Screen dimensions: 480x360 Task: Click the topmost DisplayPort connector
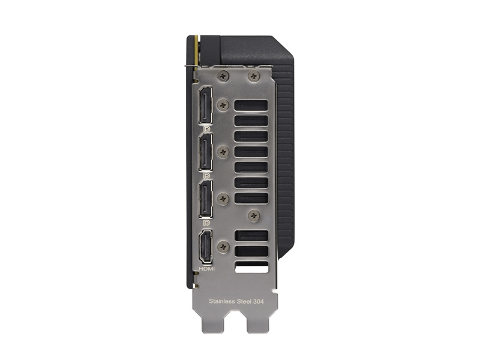coord(206,106)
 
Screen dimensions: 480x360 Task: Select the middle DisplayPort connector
coord(206,152)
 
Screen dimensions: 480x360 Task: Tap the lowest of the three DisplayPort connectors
coord(206,199)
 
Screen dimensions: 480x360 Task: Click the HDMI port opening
coord(206,247)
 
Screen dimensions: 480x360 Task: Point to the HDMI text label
coord(207,269)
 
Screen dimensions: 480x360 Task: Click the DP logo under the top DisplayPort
coord(207,129)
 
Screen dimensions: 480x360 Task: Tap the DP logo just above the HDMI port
coord(207,223)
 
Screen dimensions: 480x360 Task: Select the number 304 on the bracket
coord(259,301)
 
